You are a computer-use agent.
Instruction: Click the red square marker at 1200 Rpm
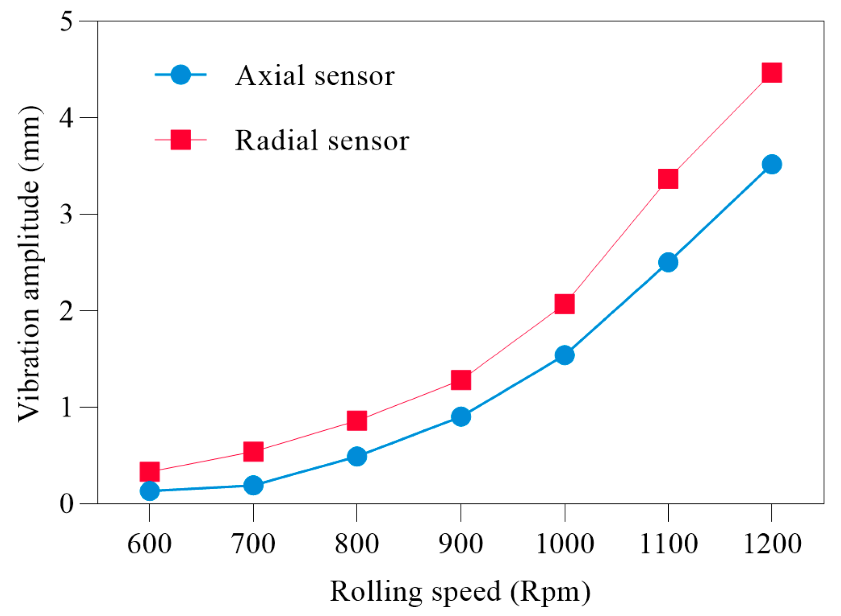[771, 73]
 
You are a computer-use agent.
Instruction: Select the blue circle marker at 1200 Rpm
[771, 164]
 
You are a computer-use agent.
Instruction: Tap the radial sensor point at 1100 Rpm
[668, 179]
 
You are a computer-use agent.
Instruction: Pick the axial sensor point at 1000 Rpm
[564, 355]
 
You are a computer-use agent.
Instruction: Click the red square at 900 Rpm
[461, 380]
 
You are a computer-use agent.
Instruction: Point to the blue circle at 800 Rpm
[357, 456]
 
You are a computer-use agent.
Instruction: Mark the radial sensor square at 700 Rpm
[253, 452]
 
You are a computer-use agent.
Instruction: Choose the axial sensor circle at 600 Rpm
[150, 491]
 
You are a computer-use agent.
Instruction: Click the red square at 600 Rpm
[150, 472]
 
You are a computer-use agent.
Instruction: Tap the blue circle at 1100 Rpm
[668, 262]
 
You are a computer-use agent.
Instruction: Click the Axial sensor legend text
[315, 76]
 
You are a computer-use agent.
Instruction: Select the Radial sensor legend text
[322, 140]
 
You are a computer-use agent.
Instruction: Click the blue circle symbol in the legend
[180, 75]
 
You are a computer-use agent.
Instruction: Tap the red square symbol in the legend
[180, 140]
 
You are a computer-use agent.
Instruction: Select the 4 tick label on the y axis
[66, 118]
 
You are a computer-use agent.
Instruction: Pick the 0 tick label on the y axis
[66, 504]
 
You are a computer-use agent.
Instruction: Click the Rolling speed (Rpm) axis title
[460, 592]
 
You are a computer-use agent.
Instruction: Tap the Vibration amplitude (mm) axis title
[30, 263]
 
